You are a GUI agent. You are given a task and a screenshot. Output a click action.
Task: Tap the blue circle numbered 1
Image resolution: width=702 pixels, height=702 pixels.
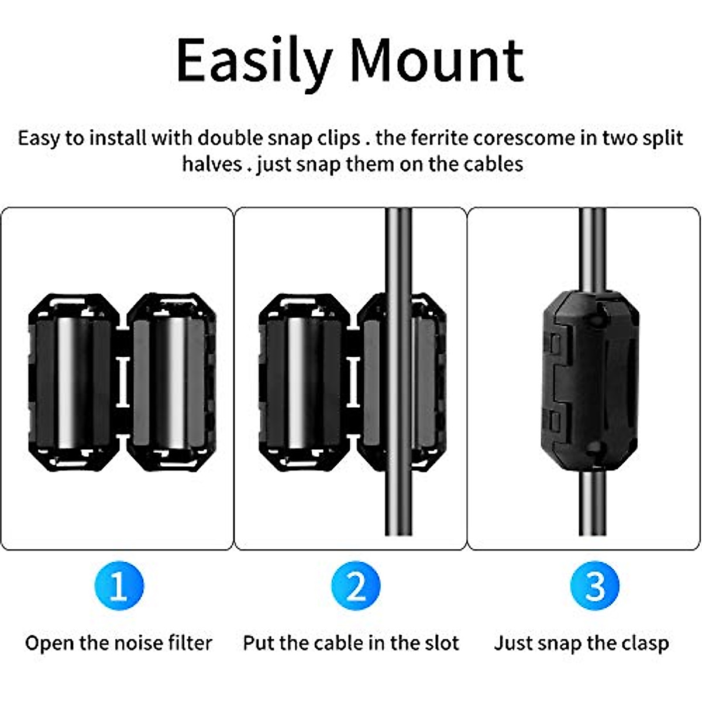(x=119, y=586)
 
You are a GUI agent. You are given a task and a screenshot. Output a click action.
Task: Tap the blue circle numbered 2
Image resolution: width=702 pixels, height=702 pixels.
(x=356, y=586)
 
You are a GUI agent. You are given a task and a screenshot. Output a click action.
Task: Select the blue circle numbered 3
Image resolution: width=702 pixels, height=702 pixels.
(x=594, y=586)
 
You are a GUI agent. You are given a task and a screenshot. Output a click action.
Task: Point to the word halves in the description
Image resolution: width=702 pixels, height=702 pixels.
(x=211, y=164)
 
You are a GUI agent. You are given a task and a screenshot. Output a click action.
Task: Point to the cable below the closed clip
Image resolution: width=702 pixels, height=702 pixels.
(x=592, y=503)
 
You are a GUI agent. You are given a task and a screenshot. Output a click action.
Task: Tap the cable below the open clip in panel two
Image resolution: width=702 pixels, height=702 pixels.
(x=398, y=503)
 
